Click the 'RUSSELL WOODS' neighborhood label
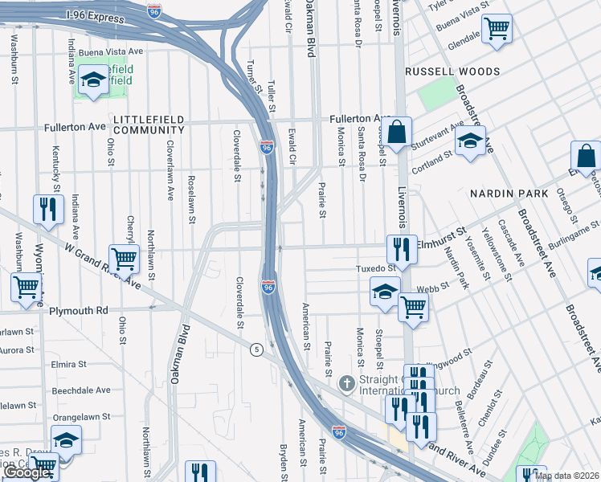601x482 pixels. (x=452, y=71)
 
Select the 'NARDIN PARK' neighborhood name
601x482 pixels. (x=509, y=194)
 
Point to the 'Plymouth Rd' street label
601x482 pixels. (x=78, y=310)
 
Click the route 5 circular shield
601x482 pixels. (x=256, y=349)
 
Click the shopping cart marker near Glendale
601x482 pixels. (x=497, y=30)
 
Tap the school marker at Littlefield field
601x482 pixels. (x=94, y=80)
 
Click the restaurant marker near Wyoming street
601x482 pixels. (x=48, y=209)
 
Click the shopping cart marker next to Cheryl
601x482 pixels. (x=124, y=259)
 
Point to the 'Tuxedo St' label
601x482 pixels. (x=375, y=268)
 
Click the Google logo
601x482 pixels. (x=27, y=473)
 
